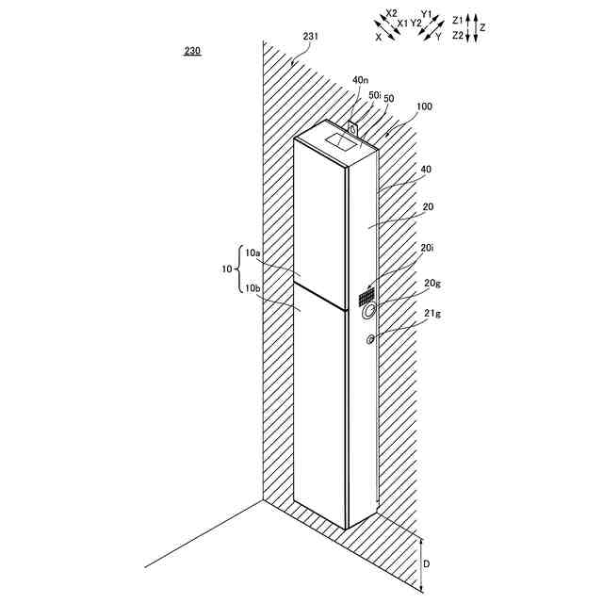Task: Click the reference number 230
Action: point(191,53)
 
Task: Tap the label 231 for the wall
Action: point(310,36)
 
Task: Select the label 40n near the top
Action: point(360,81)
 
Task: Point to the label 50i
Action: point(374,95)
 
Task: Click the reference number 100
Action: point(423,107)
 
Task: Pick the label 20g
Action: point(432,283)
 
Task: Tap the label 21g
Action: point(432,314)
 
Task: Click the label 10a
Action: point(252,253)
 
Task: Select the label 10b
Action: point(252,288)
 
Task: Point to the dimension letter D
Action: point(428,563)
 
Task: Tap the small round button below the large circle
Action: point(370,339)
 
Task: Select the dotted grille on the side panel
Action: point(366,297)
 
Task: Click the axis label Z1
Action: point(458,19)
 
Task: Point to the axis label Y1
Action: point(426,14)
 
